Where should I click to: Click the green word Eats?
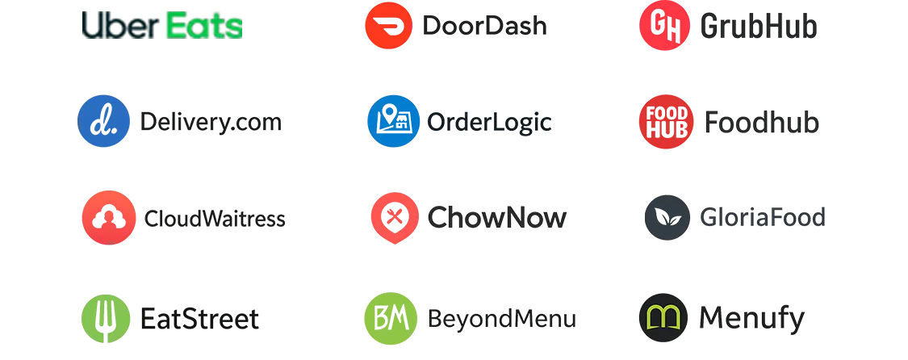(x=203, y=26)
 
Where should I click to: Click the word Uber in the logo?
(x=119, y=26)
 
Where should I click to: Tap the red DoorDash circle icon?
(x=389, y=27)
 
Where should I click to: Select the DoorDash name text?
(x=483, y=27)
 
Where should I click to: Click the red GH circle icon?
(x=665, y=27)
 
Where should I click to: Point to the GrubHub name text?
(x=759, y=27)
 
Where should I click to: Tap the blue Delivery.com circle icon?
(x=103, y=122)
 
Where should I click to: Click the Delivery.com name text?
(x=211, y=123)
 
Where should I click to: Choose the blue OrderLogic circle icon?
(x=392, y=122)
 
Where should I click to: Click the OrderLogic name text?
(x=488, y=123)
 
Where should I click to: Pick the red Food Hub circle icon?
(x=665, y=122)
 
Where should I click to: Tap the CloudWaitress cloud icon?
(x=107, y=218)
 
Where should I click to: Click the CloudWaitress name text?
(x=214, y=219)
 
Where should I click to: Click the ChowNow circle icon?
(x=394, y=218)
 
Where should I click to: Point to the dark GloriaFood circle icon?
(x=667, y=218)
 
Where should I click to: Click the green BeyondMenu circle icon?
(x=389, y=317)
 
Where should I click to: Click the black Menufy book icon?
(x=665, y=317)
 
